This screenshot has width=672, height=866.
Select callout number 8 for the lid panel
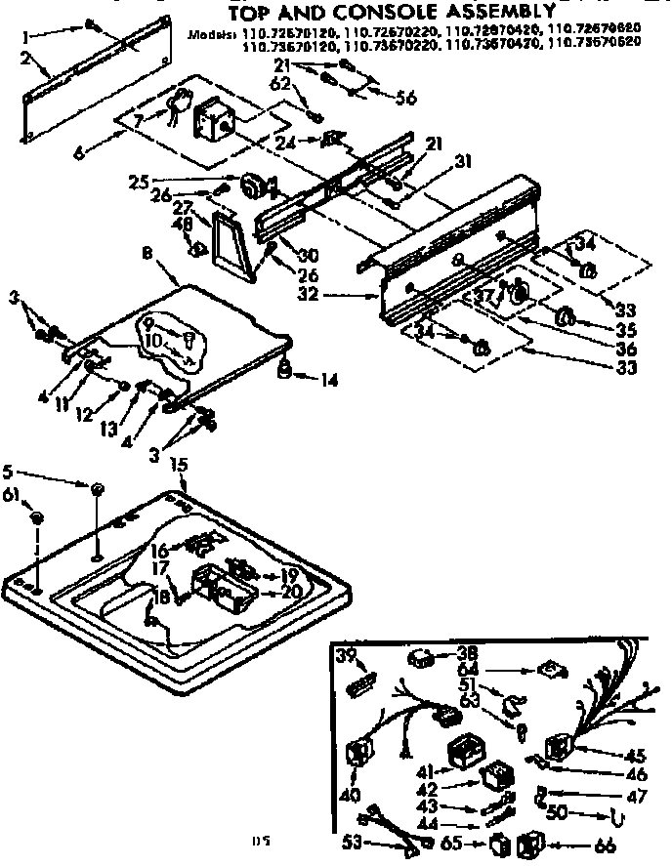tap(146, 252)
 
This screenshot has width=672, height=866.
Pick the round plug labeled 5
tap(99, 486)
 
